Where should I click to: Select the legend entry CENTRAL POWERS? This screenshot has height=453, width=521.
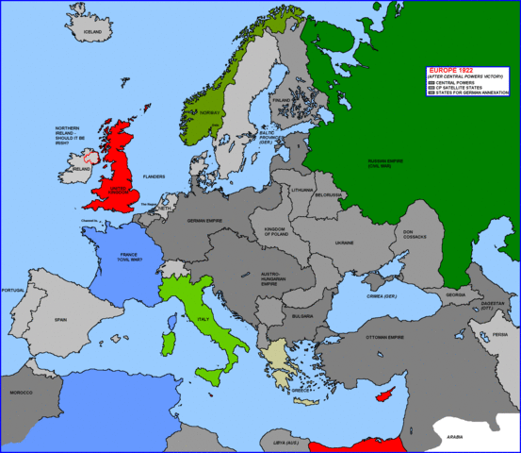[x=456, y=82]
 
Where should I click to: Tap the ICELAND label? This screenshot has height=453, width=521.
[x=93, y=32]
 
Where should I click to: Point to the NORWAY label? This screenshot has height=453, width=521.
[x=210, y=112]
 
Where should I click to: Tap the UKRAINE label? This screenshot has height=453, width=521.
[x=344, y=243]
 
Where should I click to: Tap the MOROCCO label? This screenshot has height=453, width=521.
[x=21, y=391]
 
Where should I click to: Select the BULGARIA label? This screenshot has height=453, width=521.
[x=302, y=317]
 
